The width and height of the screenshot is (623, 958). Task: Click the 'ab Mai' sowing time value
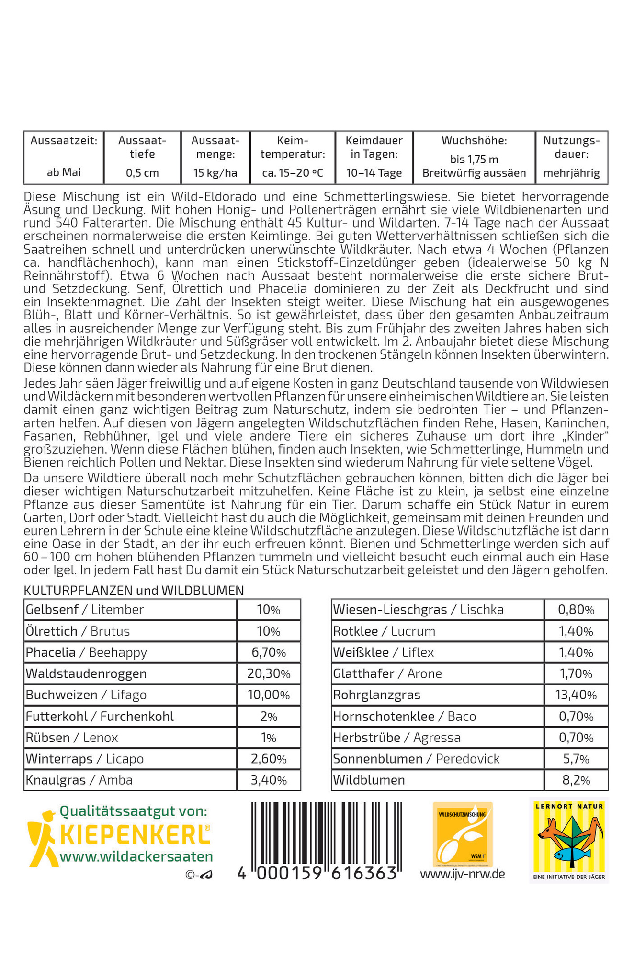64,172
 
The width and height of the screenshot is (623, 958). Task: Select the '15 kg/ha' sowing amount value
215,173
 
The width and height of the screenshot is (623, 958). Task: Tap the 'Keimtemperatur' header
293,147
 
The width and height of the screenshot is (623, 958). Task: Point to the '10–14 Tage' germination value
374,173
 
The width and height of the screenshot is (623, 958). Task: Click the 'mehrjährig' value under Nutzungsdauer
571,173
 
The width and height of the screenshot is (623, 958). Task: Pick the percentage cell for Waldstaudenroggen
269,673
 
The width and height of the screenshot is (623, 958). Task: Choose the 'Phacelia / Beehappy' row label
86,652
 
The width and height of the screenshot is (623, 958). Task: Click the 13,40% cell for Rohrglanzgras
576,695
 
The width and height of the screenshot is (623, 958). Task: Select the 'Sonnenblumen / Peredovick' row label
416,759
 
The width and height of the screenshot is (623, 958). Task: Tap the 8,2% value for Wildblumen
576,780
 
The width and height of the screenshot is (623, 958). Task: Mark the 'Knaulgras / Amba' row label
79,780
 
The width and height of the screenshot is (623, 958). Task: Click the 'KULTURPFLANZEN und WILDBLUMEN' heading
134,591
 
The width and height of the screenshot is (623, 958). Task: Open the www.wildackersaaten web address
136,857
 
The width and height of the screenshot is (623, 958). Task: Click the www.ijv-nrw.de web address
463,874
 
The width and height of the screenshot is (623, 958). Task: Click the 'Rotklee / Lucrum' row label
384,631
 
